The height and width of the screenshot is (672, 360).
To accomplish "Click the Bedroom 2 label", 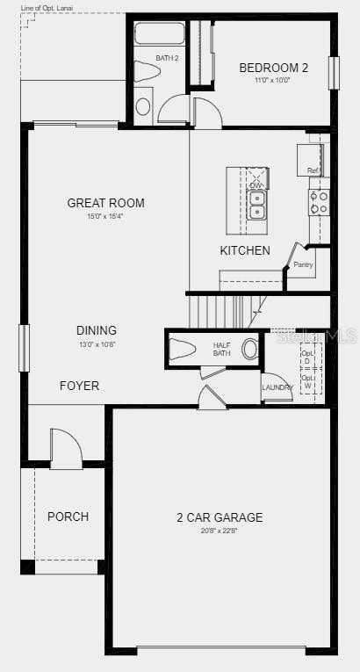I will click(x=274, y=67).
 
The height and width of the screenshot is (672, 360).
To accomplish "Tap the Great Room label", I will click(x=106, y=203).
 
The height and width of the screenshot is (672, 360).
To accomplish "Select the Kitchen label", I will click(x=245, y=250).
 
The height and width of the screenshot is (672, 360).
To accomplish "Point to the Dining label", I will click(x=97, y=330).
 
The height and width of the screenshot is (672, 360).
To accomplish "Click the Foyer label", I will click(x=79, y=386).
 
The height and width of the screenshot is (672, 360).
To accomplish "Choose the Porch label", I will click(x=68, y=517).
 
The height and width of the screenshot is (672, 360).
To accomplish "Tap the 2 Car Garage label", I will click(x=219, y=517).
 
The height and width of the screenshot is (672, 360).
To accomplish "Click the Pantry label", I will click(x=303, y=264).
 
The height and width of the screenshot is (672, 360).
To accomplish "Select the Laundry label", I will click(x=277, y=387).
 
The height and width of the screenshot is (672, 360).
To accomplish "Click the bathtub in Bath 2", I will click(x=160, y=34).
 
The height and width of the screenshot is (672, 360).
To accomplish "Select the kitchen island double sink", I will click(x=257, y=205).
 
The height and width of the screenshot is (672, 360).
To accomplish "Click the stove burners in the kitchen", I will click(x=318, y=203).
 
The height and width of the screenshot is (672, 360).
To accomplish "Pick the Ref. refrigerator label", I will click(x=313, y=170).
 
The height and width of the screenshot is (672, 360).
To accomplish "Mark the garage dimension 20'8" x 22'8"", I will click(x=219, y=531).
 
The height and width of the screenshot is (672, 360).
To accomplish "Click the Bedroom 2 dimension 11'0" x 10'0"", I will click(x=272, y=80).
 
